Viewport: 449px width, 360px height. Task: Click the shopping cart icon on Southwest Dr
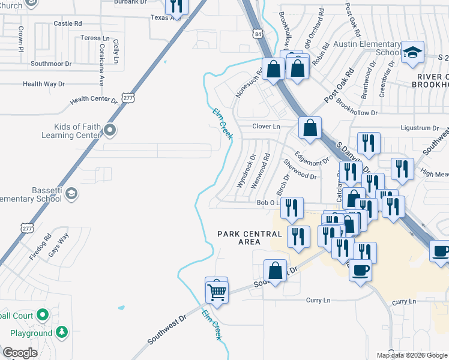coord(217,292)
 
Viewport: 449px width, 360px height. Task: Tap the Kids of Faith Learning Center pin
coord(109,130)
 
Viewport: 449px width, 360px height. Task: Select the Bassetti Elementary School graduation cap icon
coord(71,193)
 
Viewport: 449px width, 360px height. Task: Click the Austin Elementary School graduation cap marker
coord(413,52)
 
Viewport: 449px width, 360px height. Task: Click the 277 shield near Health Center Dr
coord(127,97)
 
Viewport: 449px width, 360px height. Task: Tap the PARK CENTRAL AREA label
coord(239,238)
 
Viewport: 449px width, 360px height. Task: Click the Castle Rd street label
coord(67,23)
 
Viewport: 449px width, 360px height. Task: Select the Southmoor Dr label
coord(50,64)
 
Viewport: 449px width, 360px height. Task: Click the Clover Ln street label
coord(266,127)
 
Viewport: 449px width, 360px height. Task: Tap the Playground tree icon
coord(61,332)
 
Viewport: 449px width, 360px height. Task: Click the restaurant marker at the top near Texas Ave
coord(176,6)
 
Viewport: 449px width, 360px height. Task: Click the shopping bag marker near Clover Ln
coord(310,128)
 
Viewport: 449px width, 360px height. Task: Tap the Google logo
coord(20,353)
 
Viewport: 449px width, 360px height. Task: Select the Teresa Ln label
coord(91,38)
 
